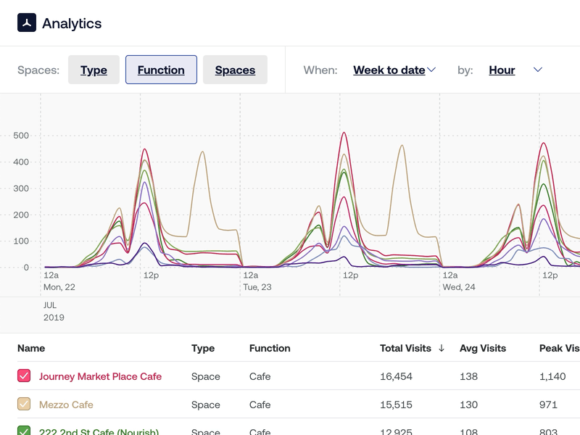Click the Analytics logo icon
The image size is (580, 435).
pyautogui.click(x=27, y=23)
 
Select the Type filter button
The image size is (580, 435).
pyautogui.click(x=94, y=70)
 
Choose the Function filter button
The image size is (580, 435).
pyautogui.click(x=161, y=70)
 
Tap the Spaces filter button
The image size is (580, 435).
pyautogui.click(x=235, y=70)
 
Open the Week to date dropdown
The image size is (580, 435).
pyautogui.click(x=394, y=70)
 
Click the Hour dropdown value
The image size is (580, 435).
pyautogui.click(x=502, y=70)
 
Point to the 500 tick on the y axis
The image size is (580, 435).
pyautogui.click(x=21, y=136)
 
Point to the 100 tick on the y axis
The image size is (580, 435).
pyautogui.click(x=21, y=241)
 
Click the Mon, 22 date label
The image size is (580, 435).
pyautogui.click(x=59, y=287)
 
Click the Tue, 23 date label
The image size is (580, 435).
pyautogui.click(x=257, y=287)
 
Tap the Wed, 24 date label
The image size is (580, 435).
pyautogui.click(x=458, y=287)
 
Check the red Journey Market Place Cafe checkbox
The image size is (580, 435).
pyautogui.click(x=24, y=376)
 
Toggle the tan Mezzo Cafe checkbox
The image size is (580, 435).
pyautogui.click(x=24, y=405)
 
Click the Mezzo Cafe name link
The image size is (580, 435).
pyautogui.click(x=66, y=405)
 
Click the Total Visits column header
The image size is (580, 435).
pyautogui.click(x=405, y=348)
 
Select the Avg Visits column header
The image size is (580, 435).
pyautogui.click(x=483, y=348)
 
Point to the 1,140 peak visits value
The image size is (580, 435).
pyautogui.click(x=552, y=376)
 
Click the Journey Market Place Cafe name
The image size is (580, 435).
pyautogui.click(x=100, y=376)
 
